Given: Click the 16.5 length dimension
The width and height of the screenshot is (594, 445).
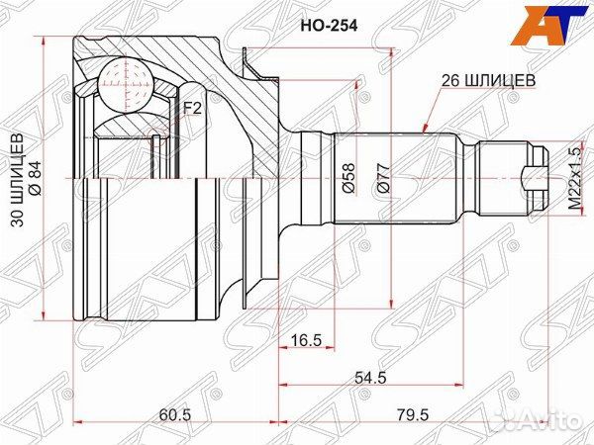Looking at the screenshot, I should [x=309, y=341].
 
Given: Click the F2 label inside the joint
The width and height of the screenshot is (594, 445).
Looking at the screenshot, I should [x=191, y=109].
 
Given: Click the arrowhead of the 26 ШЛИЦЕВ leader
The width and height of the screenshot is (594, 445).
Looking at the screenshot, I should [x=424, y=130].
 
